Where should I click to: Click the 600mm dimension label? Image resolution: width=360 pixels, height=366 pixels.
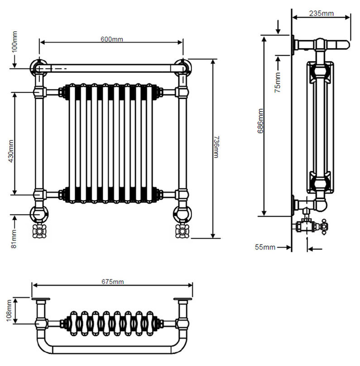click(x=111, y=39)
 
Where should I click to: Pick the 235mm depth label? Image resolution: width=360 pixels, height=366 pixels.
click(x=321, y=13)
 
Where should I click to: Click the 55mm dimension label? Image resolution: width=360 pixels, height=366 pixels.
click(x=265, y=247)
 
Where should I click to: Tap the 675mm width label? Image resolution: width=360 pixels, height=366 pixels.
click(x=112, y=281)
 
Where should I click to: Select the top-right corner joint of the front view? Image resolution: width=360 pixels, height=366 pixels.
click(x=183, y=67)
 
